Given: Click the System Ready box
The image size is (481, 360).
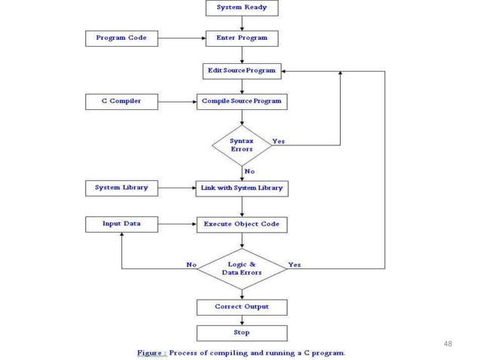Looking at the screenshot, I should pos(241,8).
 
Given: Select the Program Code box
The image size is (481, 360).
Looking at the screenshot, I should pos(121,38).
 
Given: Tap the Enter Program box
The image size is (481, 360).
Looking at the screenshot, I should pos(241,38).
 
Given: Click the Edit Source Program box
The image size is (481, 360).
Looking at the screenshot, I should pos(241,71).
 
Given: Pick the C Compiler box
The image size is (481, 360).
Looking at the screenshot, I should pos(121,101).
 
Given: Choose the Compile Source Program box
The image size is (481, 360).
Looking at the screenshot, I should pos(241,101).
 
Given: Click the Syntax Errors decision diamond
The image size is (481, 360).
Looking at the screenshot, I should pos(241,145).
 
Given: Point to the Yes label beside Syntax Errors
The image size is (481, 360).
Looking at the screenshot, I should pos(278,141).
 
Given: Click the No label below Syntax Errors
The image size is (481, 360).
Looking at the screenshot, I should pos(250,171).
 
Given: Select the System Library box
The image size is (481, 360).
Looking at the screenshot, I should pos(121,188).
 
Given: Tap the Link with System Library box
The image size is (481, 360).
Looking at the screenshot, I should pos(241,188).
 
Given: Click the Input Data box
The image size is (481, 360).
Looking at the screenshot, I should pos(121,224).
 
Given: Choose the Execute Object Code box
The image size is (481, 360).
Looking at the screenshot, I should pos(241,224).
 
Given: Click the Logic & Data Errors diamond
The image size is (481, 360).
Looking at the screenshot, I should pos(241,268).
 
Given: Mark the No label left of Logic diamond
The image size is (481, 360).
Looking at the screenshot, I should pos(191,264).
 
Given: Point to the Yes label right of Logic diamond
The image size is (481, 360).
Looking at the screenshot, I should pos(294,264).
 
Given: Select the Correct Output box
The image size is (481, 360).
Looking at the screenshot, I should pos(241,307).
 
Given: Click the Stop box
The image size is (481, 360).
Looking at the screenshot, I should pos(241,332).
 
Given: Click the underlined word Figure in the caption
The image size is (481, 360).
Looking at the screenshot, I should pos(152,352).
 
